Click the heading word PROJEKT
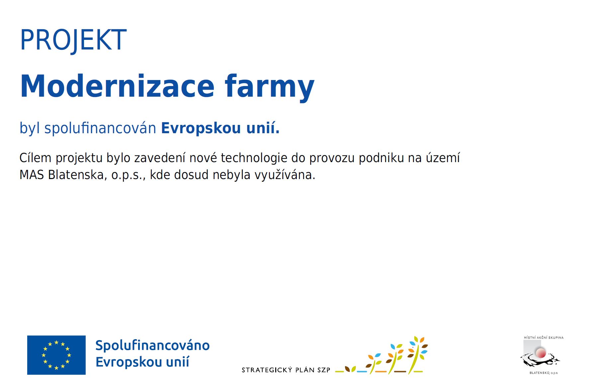coord(73,40)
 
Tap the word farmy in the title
coord(270,87)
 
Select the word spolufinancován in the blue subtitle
coord(100,128)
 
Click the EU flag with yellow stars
coord(56,355)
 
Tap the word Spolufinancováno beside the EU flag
coord(152,346)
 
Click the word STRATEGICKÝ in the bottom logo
coord(267,370)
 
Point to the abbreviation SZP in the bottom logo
coord(324,370)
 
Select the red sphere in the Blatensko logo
coord(541,352)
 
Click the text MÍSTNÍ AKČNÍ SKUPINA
coord(544,338)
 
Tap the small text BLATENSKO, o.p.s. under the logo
coord(544,373)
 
